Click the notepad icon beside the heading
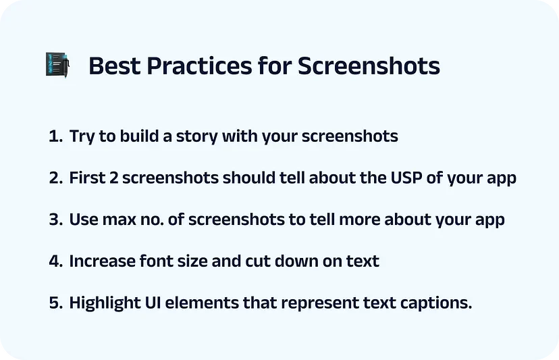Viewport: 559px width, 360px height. [57, 65]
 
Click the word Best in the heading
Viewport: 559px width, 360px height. [115, 66]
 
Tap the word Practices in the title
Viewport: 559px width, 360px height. [200, 66]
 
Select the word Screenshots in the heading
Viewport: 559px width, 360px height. [369, 66]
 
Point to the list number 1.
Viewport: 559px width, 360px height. [55, 136]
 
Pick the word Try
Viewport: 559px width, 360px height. [82, 137]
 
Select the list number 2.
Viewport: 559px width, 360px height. [56, 178]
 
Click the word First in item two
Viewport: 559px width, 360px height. [87, 178]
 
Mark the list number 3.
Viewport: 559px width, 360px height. [56, 220]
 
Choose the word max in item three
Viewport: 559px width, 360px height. [119, 220]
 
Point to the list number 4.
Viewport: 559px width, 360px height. [56, 261]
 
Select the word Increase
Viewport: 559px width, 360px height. [102, 261]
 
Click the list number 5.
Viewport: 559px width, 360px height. [56, 303]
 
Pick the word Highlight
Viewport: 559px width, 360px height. [105, 303]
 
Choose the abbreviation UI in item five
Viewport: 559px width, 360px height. [153, 303]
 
